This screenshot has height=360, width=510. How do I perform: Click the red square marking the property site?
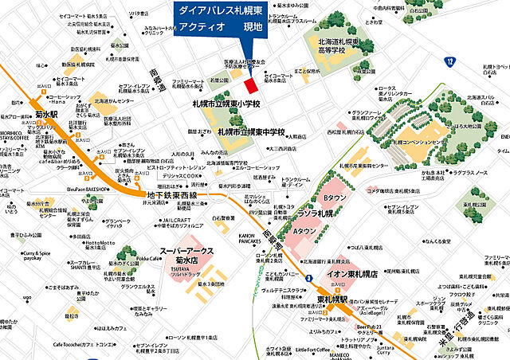pyautogui.click(x=250, y=84)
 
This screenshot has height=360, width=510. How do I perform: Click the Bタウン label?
pyautogui.click(x=333, y=198)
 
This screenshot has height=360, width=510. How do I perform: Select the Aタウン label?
pyautogui.click(x=305, y=232)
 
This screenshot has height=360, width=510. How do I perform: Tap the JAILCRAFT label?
pyautogui.click(x=177, y=220)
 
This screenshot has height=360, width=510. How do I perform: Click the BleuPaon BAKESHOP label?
pyautogui.click(x=88, y=190)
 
